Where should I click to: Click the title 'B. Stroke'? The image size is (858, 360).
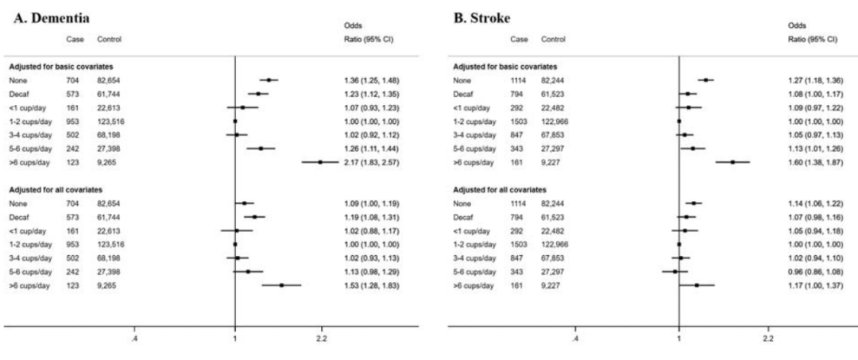click(482, 17)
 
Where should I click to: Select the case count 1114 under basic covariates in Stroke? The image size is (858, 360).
click(518, 80)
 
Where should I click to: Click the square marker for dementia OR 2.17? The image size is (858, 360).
click(321, 162)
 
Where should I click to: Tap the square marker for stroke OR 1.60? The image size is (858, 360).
click(732, 162)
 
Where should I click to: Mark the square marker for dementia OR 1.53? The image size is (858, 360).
click(282, 285)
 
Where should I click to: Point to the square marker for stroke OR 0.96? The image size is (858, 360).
click(674, 271)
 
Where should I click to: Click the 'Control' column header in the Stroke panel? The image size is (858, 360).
click(553, 40)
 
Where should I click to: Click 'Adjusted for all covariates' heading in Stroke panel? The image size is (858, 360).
click(500, 190)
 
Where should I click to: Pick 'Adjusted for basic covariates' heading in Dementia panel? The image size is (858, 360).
click(60, 67)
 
